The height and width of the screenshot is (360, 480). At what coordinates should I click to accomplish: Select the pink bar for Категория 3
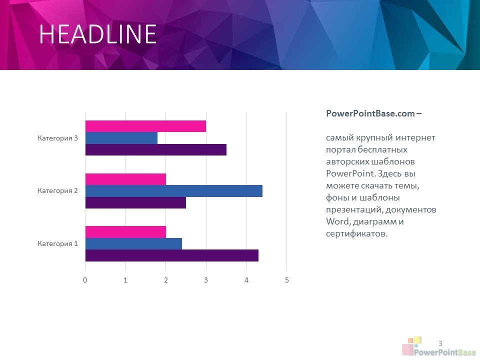click(x=145, y=126)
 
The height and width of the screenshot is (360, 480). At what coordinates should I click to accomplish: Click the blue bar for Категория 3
click(x=121, y=138)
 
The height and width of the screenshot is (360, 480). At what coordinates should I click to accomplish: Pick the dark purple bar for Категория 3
click(x=156, y=149)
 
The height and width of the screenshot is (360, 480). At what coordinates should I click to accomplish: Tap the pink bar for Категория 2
click(x=125, y=179)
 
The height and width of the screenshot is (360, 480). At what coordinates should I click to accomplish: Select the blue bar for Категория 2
click(x=174, y=191)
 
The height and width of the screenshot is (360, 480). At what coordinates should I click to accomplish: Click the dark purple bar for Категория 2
click(x=135, y=202)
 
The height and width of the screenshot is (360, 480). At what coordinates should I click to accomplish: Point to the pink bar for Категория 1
click(x=125, y=232)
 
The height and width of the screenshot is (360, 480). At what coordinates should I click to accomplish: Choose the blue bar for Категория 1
click(x=133, y=243)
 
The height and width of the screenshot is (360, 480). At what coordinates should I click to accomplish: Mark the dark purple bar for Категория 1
click(x=171, y=255)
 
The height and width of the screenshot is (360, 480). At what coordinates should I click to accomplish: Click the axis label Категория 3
click(x=58, y=138)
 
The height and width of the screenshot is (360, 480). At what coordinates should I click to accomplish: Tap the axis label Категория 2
click(x=58, y=190)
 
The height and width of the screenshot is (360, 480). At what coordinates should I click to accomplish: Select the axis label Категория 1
click(x=58, y=243)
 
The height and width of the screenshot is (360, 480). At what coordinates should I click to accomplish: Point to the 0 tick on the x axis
click(x=85, y=280)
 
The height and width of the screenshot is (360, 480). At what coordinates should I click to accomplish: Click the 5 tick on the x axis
click(x=287, y=280)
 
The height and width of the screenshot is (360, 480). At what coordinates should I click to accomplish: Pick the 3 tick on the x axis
click(x=206, y=280)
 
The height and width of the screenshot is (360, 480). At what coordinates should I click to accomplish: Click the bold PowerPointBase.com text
click(x=370, y=113)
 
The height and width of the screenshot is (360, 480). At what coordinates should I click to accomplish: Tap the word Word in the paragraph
click(x=337, y=221)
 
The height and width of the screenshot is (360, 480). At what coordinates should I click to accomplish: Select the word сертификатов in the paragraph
click(x=357, y=234)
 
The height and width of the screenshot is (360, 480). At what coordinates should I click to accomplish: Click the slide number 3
click(x=440, y=343)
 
